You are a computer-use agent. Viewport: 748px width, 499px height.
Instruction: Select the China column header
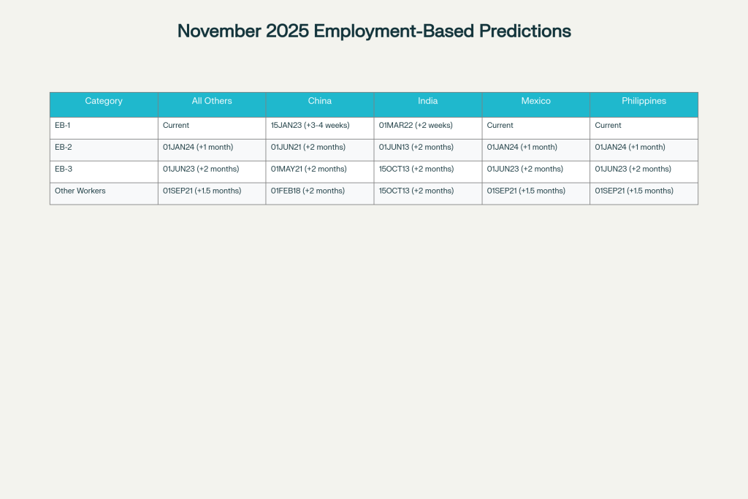coord(320,101)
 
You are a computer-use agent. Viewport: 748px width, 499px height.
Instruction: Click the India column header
coord(428,101)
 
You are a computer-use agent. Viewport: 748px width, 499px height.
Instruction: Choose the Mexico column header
coord(536,101)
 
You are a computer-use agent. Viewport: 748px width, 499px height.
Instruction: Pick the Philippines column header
coord(644,101)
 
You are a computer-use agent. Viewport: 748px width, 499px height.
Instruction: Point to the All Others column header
coord(212,101)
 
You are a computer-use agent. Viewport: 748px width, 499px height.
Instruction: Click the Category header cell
coord(104,101)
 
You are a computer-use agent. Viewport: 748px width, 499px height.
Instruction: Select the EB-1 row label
coord(63,125)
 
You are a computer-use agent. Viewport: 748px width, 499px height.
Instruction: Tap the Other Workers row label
coord(80,191)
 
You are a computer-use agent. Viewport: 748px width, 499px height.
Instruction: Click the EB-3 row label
coord(64,169)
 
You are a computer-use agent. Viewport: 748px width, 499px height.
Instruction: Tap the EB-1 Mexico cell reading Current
coord(500,125)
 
